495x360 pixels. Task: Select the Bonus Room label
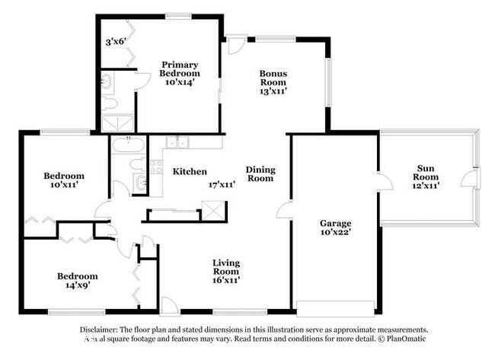[273, 77]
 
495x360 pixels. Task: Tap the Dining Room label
[260, 174]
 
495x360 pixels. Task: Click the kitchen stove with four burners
[155, 165]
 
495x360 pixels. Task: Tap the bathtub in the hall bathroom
[126, 145]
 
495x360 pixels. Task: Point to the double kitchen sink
[177, 142]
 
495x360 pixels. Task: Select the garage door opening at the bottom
[334, 307]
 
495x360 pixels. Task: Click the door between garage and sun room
[383, 183]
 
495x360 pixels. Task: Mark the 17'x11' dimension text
[220, 184]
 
